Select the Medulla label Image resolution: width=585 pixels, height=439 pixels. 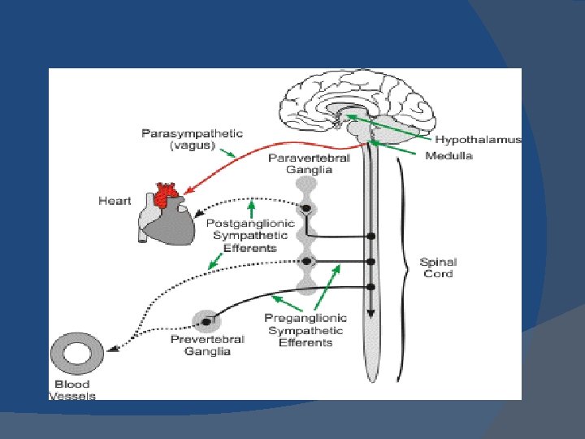[x=448, y=155]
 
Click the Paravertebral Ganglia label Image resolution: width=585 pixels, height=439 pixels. [x=309, y=163]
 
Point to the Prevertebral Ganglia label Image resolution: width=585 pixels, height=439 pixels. [x=200, y=345]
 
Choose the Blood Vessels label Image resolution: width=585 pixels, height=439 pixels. [x=72, y=389]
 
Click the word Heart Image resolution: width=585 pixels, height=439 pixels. [x=115, y=201]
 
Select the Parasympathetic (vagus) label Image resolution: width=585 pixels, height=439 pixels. [x=192, y=138]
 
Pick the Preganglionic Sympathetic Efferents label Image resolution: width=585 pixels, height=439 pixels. [x=305, y=330]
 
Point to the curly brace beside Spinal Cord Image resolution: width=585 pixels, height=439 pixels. [x=401, y=268]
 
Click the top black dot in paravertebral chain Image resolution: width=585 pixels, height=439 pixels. [x=306, y=209]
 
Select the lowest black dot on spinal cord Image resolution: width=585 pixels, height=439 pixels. [x=371, y=287]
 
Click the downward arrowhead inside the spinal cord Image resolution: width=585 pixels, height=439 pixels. [x=370, y=315]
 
